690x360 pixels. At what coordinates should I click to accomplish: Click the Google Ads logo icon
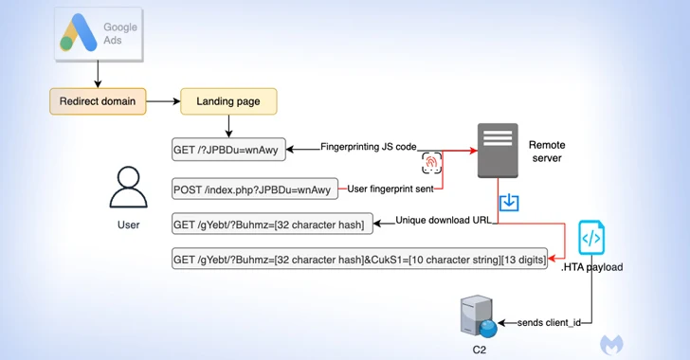click(81, 37)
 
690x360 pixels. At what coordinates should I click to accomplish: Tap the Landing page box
click(228, 99)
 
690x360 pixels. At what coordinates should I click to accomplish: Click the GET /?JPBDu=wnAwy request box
click(228, 150)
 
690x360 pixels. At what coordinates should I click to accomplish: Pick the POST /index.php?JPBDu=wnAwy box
click(254, 189)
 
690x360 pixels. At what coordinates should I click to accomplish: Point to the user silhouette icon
click(128, 188)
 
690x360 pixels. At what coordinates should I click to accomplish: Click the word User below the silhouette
click(128, 225)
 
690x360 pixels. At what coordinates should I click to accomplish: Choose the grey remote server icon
click(498, 151)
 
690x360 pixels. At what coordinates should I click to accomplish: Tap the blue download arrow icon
click(509, 202)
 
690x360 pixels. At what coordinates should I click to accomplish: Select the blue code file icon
click(592, 237)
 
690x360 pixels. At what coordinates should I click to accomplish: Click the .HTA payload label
click(594, 267)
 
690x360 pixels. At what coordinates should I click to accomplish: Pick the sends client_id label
click(548, 323)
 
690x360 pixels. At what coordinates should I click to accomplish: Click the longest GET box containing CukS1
click(359, 259)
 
